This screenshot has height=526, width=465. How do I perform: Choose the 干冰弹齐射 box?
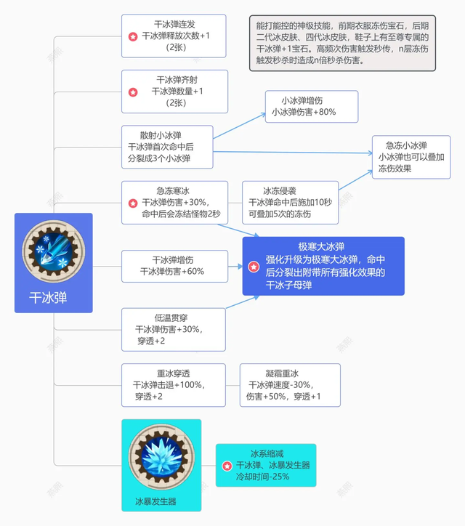coord(174,92)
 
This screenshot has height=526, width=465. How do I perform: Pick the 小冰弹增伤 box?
coord(310,106)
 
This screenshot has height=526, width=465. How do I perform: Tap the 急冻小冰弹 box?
coord(411,157)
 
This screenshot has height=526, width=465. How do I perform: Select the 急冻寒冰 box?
coord(174,203)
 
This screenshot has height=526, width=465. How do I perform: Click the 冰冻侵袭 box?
coord(290,203)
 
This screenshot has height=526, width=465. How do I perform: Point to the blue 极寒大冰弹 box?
coord(323,266)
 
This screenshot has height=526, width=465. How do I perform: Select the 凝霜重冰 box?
coord(290,385)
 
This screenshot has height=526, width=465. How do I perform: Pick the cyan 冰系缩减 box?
coord(266,465)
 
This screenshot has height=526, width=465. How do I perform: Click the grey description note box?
coord(342,43)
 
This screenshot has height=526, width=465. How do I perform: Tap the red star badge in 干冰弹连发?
coord(132,36)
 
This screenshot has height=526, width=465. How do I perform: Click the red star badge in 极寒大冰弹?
coord(254,267)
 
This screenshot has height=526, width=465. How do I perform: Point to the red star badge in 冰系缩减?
coord(227,466)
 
